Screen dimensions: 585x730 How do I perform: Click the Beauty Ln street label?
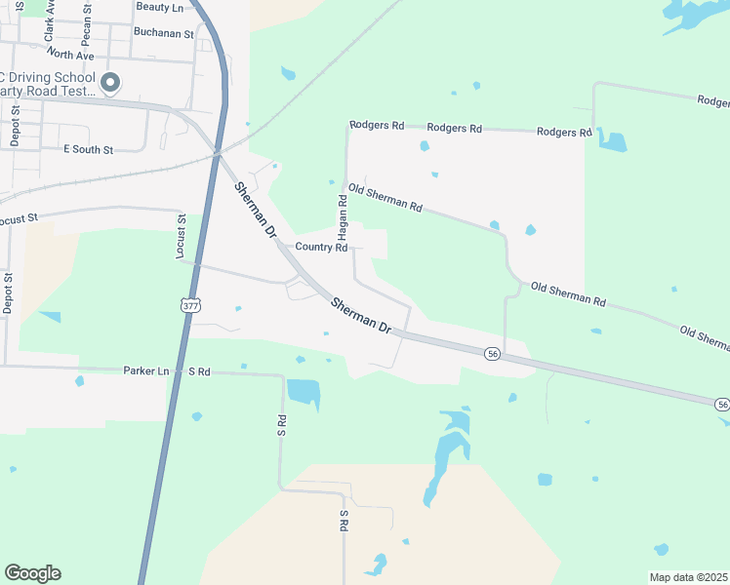tap(160, 7)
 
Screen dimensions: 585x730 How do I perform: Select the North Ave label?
tap(70, 55)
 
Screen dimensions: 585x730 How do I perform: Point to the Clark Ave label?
tap(49, 21)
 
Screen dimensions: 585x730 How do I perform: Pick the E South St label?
tap(88, 149)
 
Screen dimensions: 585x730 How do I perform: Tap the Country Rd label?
tap(321, 248)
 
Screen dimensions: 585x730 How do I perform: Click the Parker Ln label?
tap(146, 371)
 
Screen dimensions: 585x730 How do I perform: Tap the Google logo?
tap(32, 573)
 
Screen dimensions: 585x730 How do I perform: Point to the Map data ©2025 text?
tap(688, 577)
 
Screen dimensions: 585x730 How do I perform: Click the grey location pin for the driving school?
tap(111, 84)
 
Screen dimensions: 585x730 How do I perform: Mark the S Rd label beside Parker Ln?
tap(199, 371)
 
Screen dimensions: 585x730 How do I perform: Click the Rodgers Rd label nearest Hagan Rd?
tap(377, 126)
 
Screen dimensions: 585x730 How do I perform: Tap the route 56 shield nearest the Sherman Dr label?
tap(493, 354)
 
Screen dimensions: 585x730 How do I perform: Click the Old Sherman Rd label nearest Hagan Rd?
tap(385, 198)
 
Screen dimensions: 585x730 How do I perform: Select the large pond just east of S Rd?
tap(304, 392)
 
